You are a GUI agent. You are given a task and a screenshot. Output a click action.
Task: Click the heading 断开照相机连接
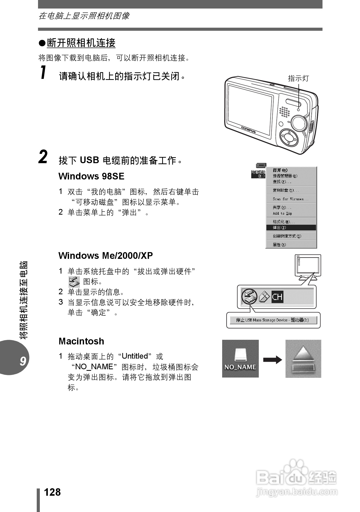[81, 43]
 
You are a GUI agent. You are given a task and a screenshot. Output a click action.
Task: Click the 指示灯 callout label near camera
[298, 78]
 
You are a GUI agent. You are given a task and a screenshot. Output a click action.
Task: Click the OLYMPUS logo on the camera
[248, 129]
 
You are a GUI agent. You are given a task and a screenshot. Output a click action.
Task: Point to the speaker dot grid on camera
[284, 111]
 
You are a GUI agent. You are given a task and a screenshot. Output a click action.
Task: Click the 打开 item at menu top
[280, 170]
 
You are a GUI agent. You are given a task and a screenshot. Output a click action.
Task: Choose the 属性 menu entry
[279, 245]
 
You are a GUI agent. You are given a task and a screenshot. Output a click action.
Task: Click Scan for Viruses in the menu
[290, 199]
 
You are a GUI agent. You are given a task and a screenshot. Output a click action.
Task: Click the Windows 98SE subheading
[91, 176]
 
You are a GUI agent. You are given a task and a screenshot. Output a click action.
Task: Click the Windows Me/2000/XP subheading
[106, 255]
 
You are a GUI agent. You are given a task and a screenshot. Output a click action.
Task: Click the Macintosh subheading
[81, 341]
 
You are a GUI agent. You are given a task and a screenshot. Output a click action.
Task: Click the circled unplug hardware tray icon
[249, 296]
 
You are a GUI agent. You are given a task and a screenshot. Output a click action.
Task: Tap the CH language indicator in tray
[277, 297]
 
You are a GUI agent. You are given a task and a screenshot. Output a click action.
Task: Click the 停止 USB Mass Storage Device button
[273, 320]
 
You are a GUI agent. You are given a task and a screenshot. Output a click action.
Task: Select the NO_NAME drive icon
[240, 358]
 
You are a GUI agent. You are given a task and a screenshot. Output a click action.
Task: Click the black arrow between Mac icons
[272, 359]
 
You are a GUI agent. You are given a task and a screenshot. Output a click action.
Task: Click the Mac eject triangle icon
[303, 358]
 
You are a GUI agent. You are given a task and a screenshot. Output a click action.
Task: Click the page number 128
[52, 492]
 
